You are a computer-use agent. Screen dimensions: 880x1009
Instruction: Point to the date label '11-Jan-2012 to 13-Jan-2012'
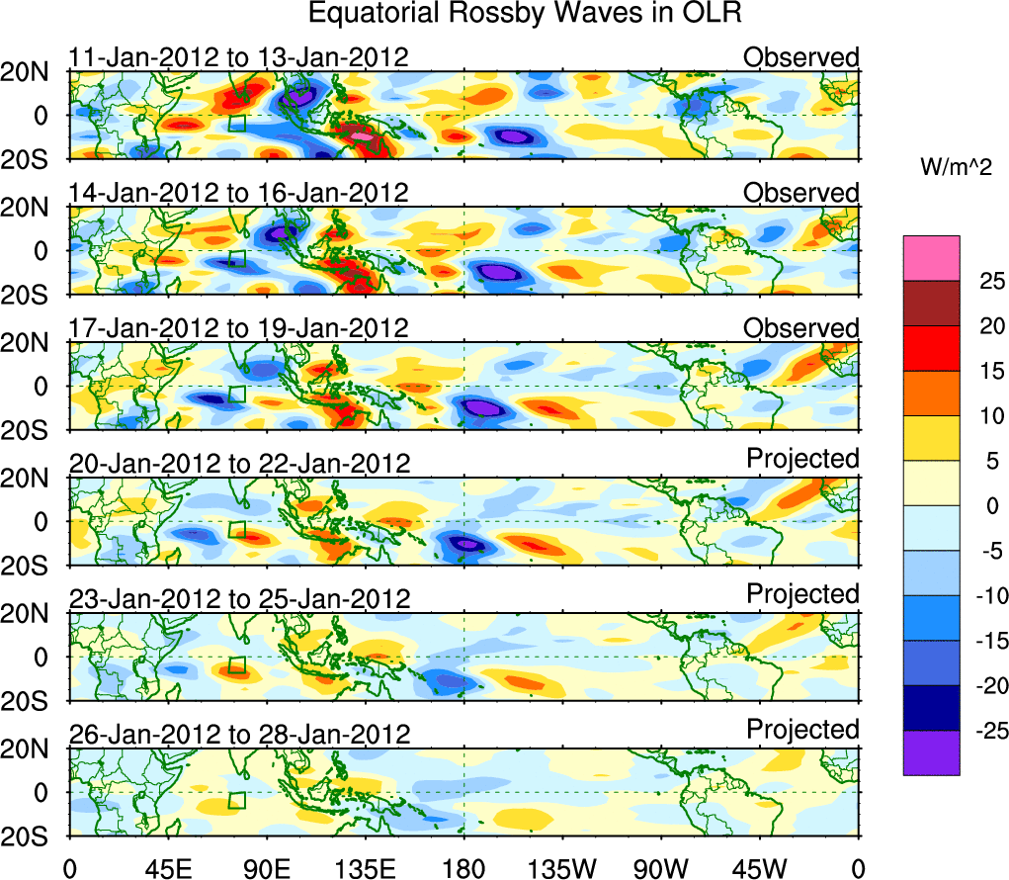pos(238,57)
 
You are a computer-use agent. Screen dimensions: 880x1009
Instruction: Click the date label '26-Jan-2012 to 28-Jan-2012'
pos(238,735)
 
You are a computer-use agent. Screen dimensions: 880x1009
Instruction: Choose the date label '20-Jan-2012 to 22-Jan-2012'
pos(238,464)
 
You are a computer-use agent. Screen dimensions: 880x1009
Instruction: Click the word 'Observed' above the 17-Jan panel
pos(801,327)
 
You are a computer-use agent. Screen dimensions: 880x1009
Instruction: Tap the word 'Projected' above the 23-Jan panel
pos(802,593)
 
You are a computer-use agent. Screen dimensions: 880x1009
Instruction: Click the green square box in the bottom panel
pos(237,801)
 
